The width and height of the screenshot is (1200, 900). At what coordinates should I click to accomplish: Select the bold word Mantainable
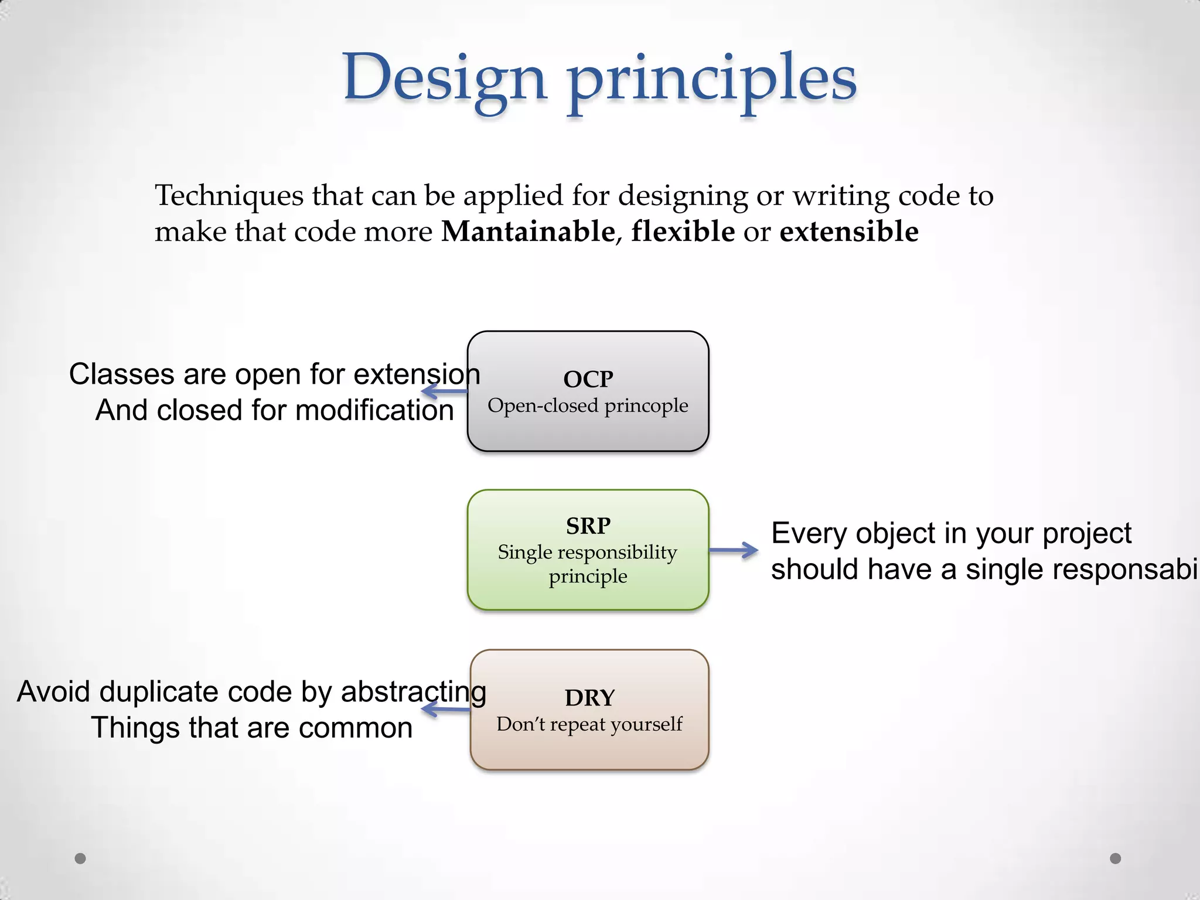(527, 231)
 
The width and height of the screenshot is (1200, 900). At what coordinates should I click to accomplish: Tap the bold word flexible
(683, 231)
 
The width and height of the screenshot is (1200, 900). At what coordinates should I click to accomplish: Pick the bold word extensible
(848, 231)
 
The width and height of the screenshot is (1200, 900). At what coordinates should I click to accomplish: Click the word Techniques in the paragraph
(229, 195)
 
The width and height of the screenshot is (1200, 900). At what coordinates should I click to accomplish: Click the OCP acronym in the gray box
(588, 379)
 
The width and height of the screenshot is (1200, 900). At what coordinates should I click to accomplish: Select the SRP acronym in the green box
(588, 526)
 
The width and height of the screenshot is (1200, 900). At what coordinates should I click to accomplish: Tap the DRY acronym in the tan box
(589, 698)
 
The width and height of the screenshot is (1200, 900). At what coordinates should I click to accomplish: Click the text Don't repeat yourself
(589, 724)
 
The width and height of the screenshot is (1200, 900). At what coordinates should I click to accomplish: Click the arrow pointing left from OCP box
(444, 391)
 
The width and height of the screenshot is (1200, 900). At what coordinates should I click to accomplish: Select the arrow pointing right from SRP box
(734, 550)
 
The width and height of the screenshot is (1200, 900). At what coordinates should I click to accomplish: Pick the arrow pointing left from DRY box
(445, 710)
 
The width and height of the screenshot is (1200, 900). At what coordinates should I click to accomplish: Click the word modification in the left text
(374, 410)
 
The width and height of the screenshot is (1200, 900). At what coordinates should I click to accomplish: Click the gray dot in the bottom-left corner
(80, 858)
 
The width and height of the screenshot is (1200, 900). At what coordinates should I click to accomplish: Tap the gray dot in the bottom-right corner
(1116, 858)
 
